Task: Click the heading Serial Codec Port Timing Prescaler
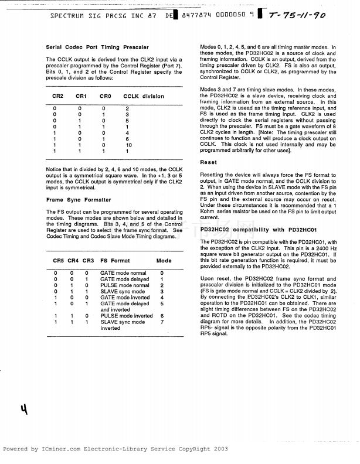[97, 47]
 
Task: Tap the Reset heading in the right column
[208, 162]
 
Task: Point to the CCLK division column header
[144, 96]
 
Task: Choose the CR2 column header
[58, 96]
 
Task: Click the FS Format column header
[115, 260]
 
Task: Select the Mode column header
[164, 260]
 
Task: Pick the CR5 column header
[58, 260]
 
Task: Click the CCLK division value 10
[129, 145]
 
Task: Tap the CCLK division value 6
[127, 138]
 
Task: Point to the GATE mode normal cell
[123, 273]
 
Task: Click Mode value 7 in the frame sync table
[161, 322]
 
